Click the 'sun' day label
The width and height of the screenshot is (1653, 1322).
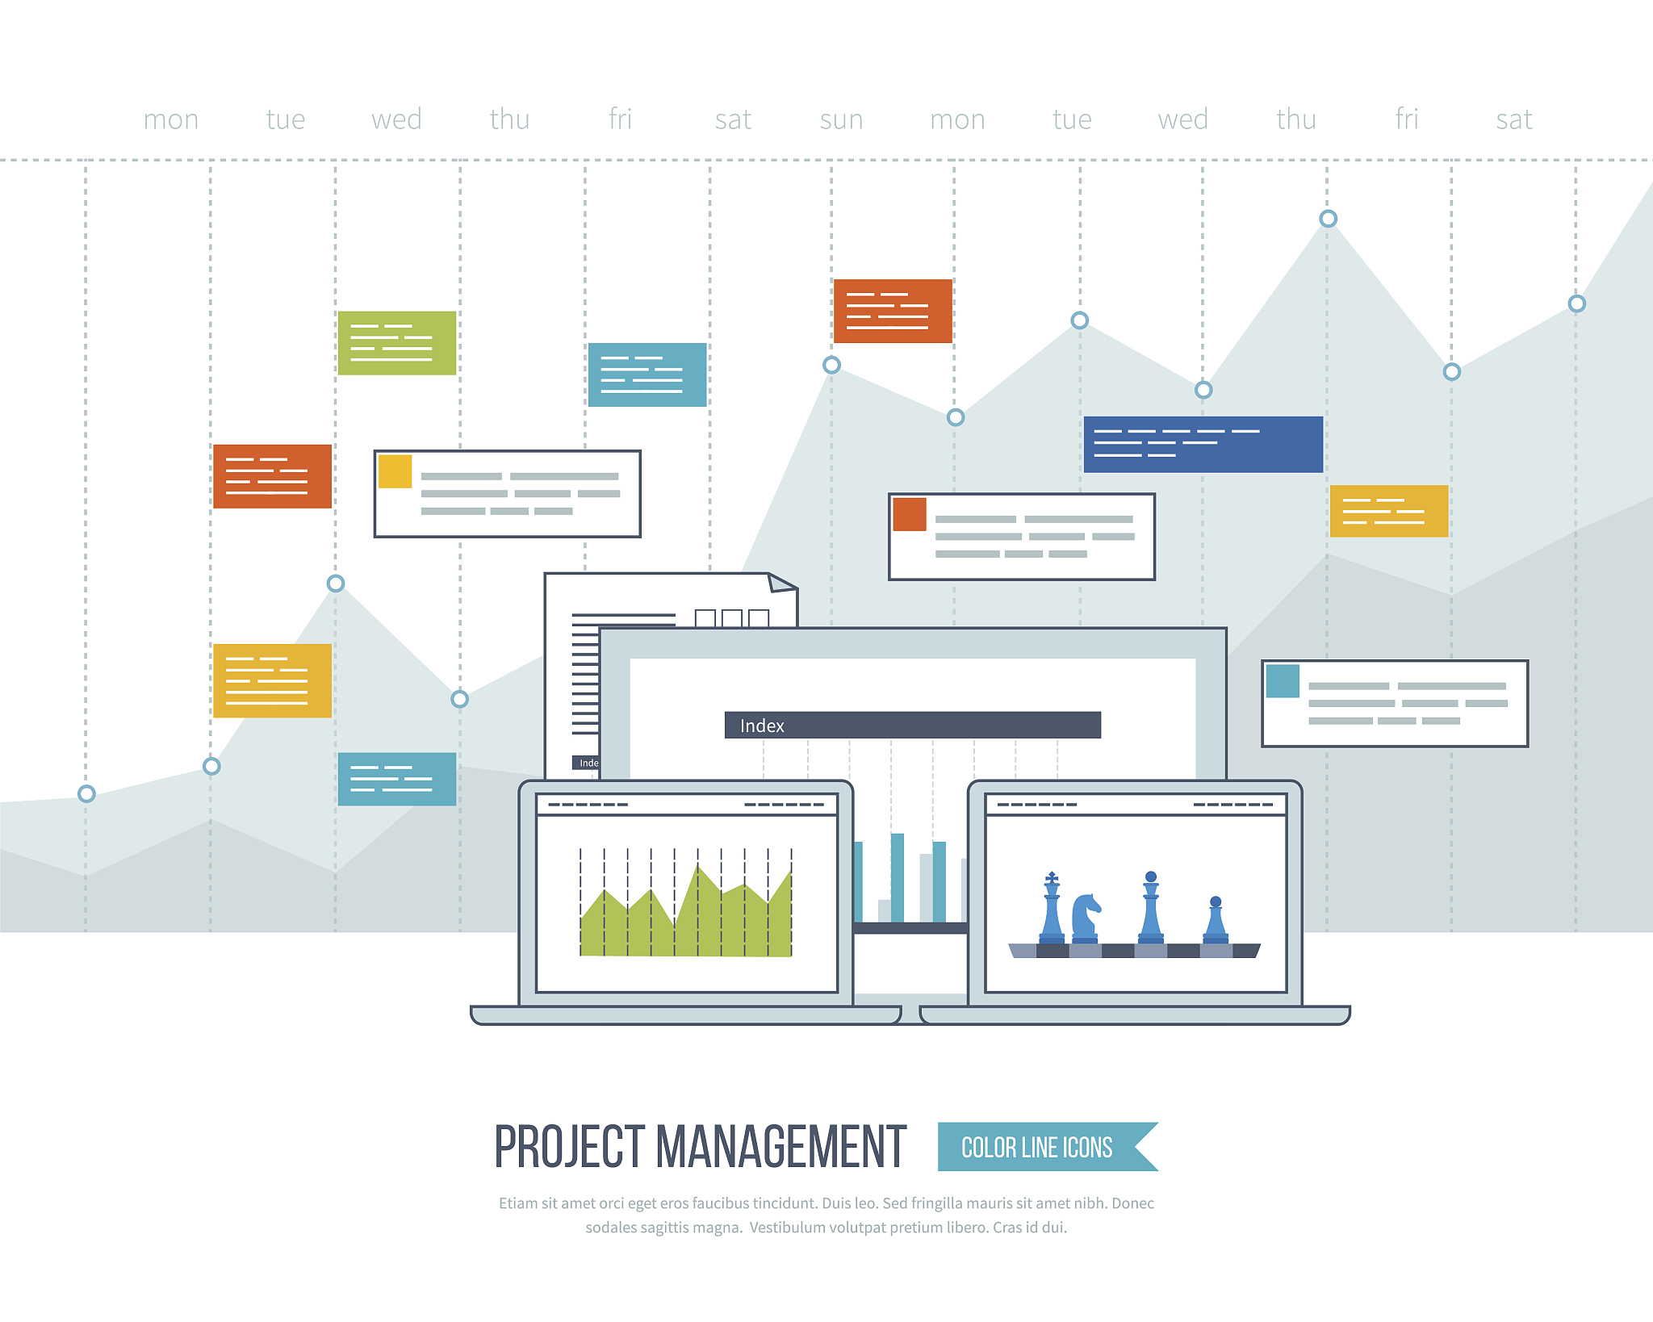click(841, 120)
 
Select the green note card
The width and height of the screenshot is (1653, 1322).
click(396, 343)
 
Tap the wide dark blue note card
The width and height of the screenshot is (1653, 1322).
click(1203, 444)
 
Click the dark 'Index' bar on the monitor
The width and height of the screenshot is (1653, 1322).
click(912, 725)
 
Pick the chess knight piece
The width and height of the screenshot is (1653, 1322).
click(1085, 918)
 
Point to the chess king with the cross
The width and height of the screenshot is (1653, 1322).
click(1052, 907)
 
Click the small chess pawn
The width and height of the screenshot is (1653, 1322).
click(1216, 919)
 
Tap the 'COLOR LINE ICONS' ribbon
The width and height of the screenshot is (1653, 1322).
click(1047, 1146)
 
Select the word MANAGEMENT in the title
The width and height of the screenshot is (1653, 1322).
click(781, 1146)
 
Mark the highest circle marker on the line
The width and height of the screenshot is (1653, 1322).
click(1328, 219)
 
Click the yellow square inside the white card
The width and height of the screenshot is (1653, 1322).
click(395, 471)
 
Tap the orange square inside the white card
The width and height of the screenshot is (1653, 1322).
click(910, 514)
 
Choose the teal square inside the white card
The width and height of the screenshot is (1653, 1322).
click(1283, 681)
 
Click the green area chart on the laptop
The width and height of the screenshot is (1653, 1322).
click(685, 912)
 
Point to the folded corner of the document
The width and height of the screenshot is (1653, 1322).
click(780, 583)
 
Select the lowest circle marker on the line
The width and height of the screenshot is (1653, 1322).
click(86, 793)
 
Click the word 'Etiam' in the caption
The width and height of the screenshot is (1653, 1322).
click(517, 1203)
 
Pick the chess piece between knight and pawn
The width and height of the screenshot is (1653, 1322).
click(1151, 907)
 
